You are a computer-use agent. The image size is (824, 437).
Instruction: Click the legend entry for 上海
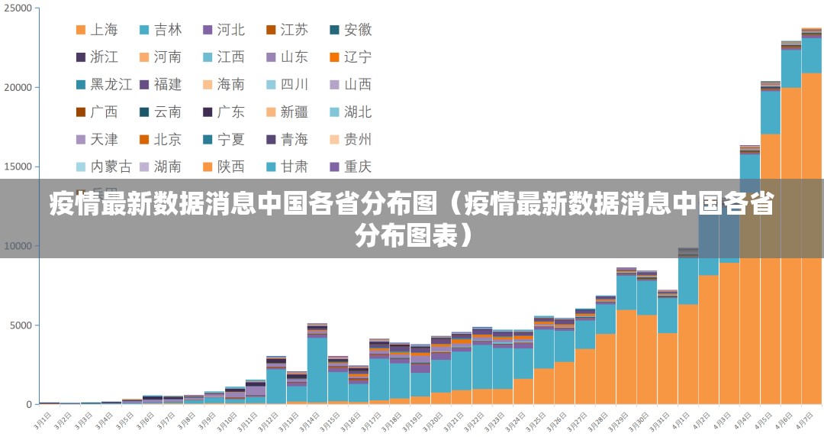coord(97,30)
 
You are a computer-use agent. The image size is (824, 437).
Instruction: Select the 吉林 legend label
coord(160,30)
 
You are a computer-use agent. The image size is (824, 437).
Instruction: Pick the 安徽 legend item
coord(350,30)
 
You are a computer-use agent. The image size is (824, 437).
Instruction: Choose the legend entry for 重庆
coord(350,166)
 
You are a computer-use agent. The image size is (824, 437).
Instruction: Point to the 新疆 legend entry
coord(287,112)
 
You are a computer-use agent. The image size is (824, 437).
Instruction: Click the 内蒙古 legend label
coord(105,166)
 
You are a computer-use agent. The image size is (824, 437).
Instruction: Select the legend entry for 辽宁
coord(350,57)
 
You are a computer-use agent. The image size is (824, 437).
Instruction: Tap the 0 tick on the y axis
coord(29,404)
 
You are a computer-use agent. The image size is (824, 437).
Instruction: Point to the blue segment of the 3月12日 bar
coord(276,387)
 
